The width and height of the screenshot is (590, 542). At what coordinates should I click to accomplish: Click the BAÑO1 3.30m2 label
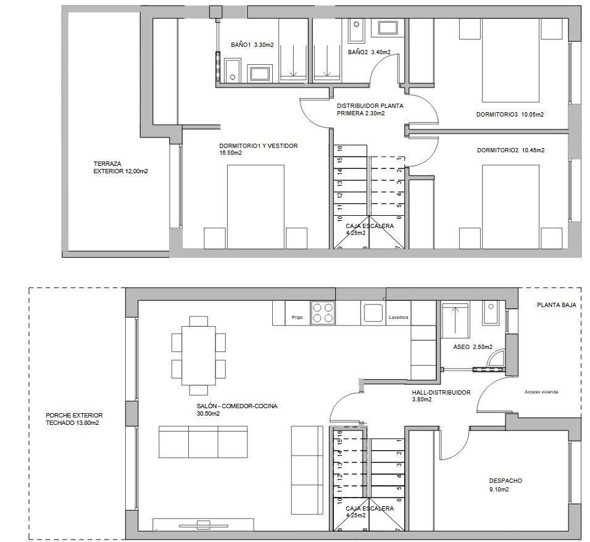[x=252, y=44]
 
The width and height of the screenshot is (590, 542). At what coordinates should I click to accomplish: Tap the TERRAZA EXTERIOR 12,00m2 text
[x=120, y=168]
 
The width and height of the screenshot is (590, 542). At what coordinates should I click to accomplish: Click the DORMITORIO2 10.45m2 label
[x=510, y=150]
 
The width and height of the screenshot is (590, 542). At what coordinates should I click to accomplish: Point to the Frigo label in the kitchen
[x=297, y=318]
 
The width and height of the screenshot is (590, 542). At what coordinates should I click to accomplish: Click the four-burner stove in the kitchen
[x=323, y=313]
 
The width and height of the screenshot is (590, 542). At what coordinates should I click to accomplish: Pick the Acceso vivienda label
[x=541, y=392]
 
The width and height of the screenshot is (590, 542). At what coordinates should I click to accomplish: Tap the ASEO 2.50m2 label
[x=472, y=348]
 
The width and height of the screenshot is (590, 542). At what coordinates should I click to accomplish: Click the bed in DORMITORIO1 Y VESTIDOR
[x=256, y=207]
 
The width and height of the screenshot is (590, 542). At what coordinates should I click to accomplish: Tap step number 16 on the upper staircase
[x=339, y=149]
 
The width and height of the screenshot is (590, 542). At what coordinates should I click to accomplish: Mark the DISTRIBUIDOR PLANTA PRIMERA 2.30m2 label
[x=370, y=109]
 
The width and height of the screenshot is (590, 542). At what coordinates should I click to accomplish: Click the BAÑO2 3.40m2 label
[x=368, y=52]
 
